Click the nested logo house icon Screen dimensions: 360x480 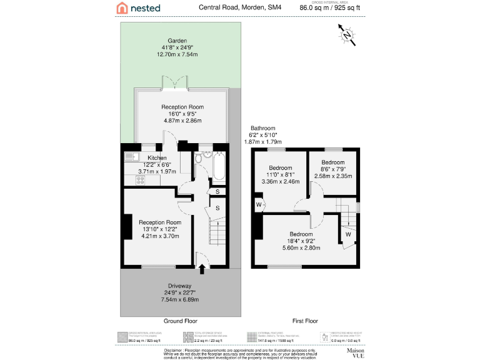[123, 8]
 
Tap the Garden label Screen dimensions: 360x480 [177, 41]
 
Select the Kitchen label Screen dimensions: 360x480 [157, 158]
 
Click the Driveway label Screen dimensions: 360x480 [179, 286]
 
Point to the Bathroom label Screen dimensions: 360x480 [262, 127]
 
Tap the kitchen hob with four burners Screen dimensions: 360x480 [141, 180]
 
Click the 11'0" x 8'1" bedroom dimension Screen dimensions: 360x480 [280, 175]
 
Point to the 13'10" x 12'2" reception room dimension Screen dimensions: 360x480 [160, 229]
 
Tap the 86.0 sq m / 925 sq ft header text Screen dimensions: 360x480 [330, 9]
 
